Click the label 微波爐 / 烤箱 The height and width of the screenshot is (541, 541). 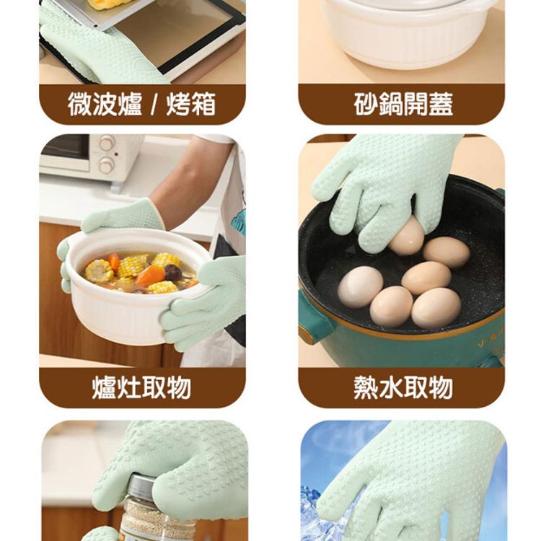click(x=141, y=105)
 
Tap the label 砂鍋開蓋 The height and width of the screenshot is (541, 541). click(x=403, y=105)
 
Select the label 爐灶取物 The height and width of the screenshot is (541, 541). click(x=141, y=387)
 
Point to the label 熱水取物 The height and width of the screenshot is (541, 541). click(x=403, y=387)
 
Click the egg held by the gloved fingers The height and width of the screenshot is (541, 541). click(x=406, y=237)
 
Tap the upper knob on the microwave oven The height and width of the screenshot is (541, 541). click(x=106, y=143)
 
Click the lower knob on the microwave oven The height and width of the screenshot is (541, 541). click(x=107, y=165)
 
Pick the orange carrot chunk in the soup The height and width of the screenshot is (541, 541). click(x=151, y=275)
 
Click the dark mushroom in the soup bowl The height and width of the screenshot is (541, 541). click(x=173, y=272)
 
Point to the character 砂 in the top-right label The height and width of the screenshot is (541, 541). click(x=365, y=105)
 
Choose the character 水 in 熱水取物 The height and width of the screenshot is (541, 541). click(x=390, y=387)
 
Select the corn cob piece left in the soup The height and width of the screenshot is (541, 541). click(x=99, y=270)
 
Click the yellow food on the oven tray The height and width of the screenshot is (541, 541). click(x=109, y=4)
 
